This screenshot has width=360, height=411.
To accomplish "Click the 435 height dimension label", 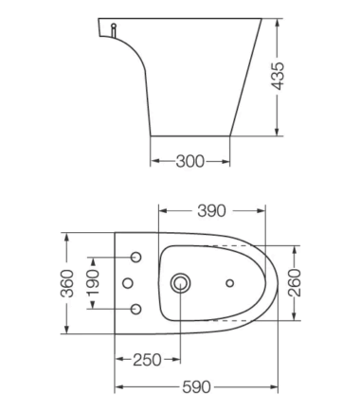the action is pos(279,76).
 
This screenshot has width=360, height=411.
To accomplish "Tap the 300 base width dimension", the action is pos(190,161).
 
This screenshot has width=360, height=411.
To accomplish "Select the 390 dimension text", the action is pos(211,211).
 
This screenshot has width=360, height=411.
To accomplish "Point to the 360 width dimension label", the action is pos(67,283).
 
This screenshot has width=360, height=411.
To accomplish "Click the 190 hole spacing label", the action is pos(93,282).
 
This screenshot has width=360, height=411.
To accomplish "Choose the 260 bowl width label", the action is pos(295,283).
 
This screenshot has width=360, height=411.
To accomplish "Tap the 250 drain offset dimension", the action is pos(147,360).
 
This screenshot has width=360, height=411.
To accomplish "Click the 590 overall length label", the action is pos(196,387).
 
